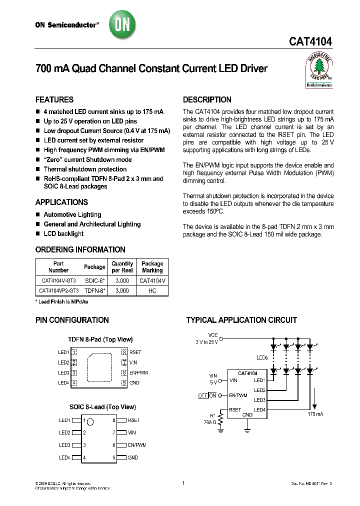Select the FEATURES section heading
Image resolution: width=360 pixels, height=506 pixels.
point(54,99)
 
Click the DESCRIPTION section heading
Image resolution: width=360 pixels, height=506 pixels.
point(207,99)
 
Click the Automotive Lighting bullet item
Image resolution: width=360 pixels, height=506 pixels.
point(72,214)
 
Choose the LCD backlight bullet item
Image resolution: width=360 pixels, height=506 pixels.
point(63,233)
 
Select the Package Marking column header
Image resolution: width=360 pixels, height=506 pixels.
point(152,267)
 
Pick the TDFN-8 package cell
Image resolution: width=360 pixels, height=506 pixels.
point(94,290)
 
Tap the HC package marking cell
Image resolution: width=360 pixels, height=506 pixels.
point(152,290)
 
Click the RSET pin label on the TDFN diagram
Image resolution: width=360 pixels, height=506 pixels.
point(135,352)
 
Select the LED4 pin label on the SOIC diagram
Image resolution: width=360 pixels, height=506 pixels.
point(64,457)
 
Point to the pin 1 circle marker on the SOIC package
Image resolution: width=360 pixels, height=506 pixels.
point(91,420)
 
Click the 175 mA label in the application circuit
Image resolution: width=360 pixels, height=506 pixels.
point(316,414)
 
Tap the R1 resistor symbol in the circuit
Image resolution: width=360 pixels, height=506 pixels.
point(220,417)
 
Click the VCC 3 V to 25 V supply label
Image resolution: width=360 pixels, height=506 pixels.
point(207,338)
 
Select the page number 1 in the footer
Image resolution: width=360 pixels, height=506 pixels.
point(183,483)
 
